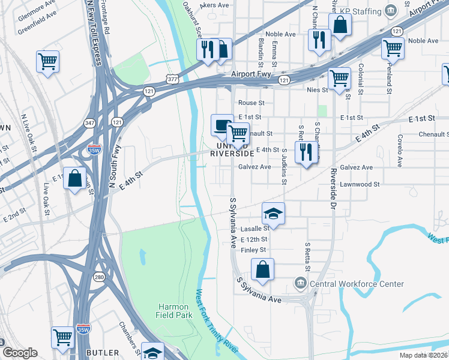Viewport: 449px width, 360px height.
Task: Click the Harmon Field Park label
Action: pos(173,311)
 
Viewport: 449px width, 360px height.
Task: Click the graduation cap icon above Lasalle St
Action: pos(273,214)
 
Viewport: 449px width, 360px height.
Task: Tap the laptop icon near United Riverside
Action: pos(222,125)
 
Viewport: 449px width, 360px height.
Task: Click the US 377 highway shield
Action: pos(172,79)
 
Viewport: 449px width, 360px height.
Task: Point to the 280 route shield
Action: pos(98,277)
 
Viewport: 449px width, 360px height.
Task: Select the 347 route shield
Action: pos(90,122)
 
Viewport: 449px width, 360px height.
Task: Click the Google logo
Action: pos(20,353)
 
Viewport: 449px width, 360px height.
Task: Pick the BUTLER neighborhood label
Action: pos(103,352)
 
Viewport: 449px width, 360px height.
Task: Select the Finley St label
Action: pos(253,250)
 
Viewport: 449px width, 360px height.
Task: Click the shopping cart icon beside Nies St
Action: pos(339,79)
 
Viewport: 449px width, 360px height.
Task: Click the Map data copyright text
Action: pos(424,355)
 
